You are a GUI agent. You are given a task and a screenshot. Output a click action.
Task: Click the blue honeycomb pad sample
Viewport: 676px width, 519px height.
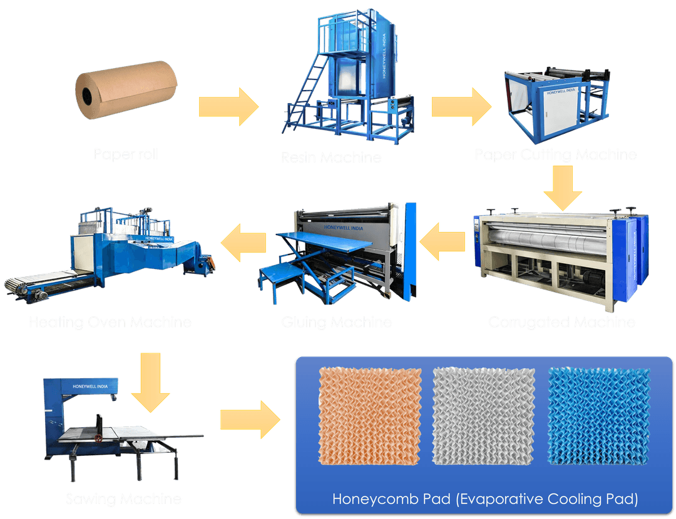(598, 415)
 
